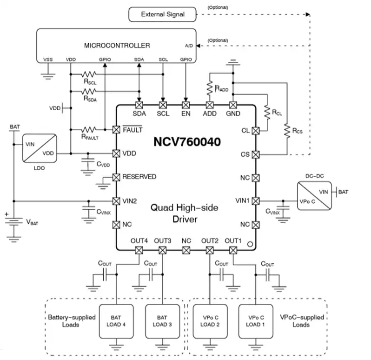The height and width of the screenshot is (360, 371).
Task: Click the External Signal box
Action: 162,14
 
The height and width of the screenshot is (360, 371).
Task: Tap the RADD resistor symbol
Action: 210,87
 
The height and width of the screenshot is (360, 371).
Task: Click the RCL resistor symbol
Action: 267,112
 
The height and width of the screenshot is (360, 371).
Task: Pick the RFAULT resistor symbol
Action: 89,129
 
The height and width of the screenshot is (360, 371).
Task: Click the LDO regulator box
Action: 40,148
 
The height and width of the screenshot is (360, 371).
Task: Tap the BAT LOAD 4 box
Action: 116,321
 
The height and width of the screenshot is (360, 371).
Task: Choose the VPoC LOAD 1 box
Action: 256,321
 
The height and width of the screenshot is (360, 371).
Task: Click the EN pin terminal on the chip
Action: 186,105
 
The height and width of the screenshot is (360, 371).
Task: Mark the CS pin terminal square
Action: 255,154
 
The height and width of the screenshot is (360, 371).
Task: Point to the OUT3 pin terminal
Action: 162,250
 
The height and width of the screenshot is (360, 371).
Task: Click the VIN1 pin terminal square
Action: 255,200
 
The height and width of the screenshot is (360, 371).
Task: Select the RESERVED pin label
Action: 139,177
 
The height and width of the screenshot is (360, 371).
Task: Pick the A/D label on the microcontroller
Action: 189,46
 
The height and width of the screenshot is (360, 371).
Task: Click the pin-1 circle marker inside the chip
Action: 249,244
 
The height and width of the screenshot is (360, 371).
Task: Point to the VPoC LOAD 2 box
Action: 210,321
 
